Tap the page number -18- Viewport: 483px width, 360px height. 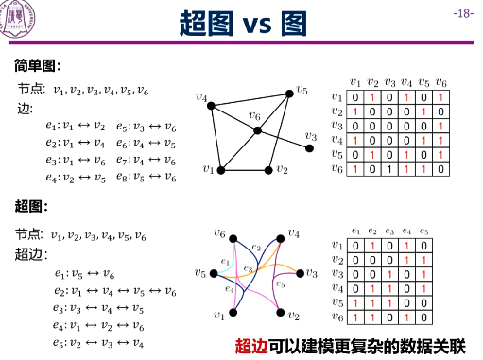tap(462, 13)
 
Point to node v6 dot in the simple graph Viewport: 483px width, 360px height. tap(257, 129)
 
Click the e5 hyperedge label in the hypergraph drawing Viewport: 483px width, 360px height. tap(279, 283)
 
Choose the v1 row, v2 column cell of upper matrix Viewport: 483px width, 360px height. tap(373, 98)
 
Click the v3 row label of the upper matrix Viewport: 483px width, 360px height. tap(338, 126)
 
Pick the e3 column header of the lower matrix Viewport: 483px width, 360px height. tap(389, 230)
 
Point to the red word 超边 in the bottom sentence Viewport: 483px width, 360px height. tap(251, 345)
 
